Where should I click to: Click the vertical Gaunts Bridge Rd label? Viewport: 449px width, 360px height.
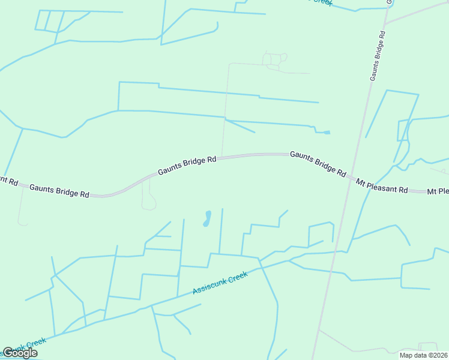coord(378,53)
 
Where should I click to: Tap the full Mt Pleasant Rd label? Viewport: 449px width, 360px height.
coord(382,185)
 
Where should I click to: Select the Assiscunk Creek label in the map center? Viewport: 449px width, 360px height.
coord(220,282)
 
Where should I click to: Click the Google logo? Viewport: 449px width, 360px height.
coord(20,353)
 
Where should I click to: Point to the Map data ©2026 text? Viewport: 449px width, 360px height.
coord(424,355)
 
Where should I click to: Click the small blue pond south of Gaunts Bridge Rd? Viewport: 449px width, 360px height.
coord(207,218)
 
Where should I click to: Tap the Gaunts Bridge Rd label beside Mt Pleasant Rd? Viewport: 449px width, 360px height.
coord(318,163)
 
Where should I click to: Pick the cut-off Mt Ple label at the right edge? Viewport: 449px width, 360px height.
coord(438,192)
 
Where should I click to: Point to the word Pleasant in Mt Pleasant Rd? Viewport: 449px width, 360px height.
coord(387,186)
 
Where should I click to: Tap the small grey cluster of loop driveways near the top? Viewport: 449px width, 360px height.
coord(274,60)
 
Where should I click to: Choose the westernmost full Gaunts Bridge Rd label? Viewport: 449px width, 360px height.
coord(59,191)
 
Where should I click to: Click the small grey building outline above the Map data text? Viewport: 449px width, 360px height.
coord(428,347)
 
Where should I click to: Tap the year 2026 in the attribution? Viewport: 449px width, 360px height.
coord(440,355)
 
